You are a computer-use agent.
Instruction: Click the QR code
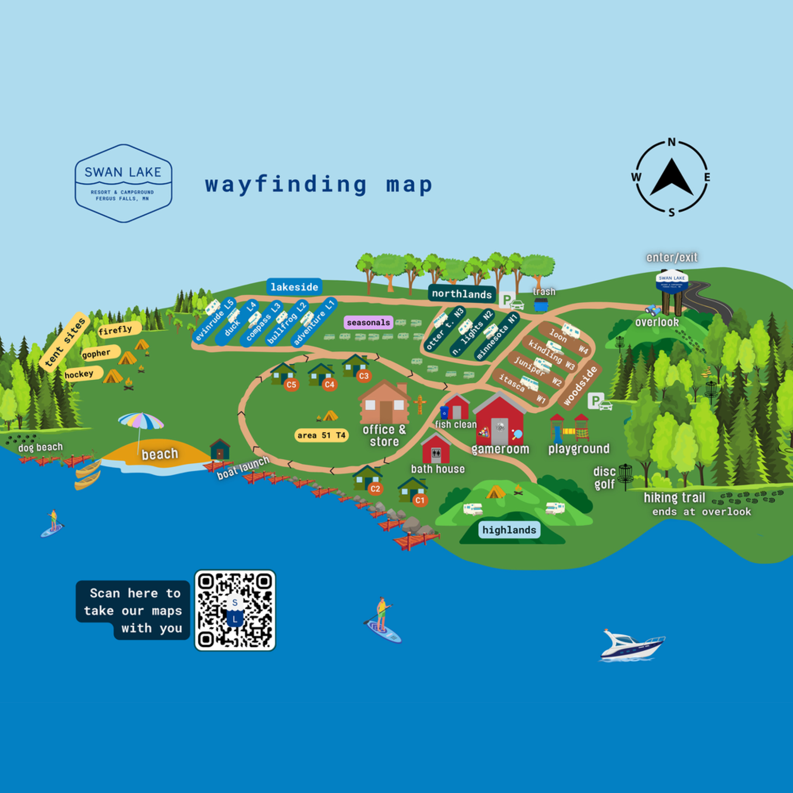(x=235, y=610)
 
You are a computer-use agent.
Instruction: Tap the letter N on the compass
(x=671, y=142)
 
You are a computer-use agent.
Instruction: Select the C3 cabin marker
(x=364, y=376)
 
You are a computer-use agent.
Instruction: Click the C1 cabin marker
(x=419, y=500)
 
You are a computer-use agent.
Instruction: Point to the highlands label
(x=509, y=530)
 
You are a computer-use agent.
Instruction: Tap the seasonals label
(x=368, y=323)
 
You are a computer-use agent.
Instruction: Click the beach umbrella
(x=141, y=422)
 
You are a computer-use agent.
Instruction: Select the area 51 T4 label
(x=321, y=435)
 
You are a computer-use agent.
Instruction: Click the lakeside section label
(x=294, y=287)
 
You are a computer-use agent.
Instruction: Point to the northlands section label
(x=462, y=294)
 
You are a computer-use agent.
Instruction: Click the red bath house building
(x=436, y=449)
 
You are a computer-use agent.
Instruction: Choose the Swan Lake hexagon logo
(x=123, y=183)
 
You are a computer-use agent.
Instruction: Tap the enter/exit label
(x=671, y=257)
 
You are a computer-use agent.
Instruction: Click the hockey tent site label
(x=79, y=374)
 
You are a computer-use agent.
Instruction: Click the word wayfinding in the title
(x=286, y=184)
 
